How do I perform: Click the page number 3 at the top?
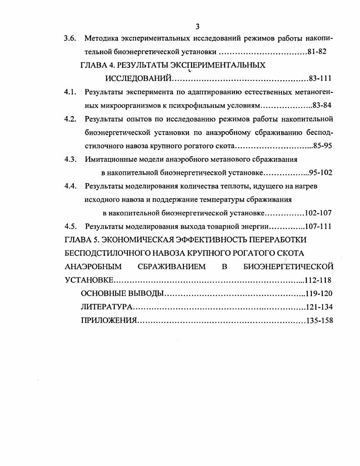(198, 26)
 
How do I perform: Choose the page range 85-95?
(322, 146)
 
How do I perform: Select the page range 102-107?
(319, 213)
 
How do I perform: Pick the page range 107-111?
(319, 226)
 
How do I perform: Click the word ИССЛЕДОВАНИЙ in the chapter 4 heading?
(138, 78)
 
